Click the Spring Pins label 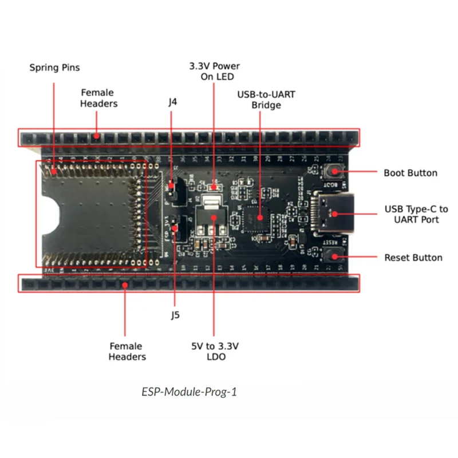[54, 68]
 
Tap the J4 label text [172, 103]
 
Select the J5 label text [175, 314]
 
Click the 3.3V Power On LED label [215, 72]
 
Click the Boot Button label [410, 173]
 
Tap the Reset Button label [413, 258]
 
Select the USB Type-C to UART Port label [416, 215]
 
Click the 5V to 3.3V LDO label [215, 352]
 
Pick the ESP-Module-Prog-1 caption [189, 392]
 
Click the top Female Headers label [98, 98]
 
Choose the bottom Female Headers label [127, 352]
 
